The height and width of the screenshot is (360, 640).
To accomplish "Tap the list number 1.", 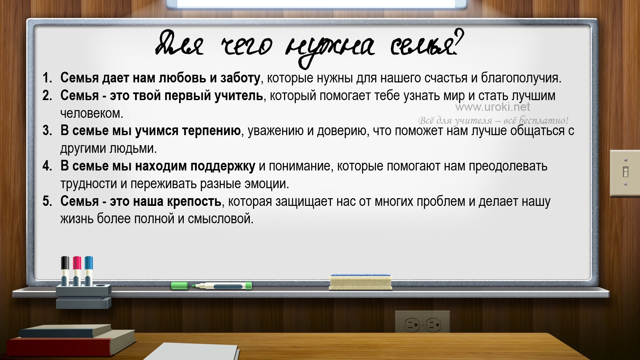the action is point(47,78).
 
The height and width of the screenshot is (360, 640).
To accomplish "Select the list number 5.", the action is point(47,201).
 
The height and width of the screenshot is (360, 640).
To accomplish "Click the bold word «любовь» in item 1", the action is point(182,78).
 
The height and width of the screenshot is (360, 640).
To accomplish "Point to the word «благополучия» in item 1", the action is point(521,78).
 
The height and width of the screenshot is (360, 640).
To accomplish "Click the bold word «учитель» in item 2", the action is point(239,96).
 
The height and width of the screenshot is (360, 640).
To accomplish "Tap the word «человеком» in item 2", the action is point(92,113).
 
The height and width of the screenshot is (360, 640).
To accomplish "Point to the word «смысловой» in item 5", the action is point(220,219).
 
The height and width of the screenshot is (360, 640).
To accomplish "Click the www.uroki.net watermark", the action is point(493,107).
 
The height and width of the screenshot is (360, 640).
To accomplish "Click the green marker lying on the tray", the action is point(211,286).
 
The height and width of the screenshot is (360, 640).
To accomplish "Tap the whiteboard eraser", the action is point(360,282).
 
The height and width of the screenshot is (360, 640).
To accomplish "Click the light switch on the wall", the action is point(625,173).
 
